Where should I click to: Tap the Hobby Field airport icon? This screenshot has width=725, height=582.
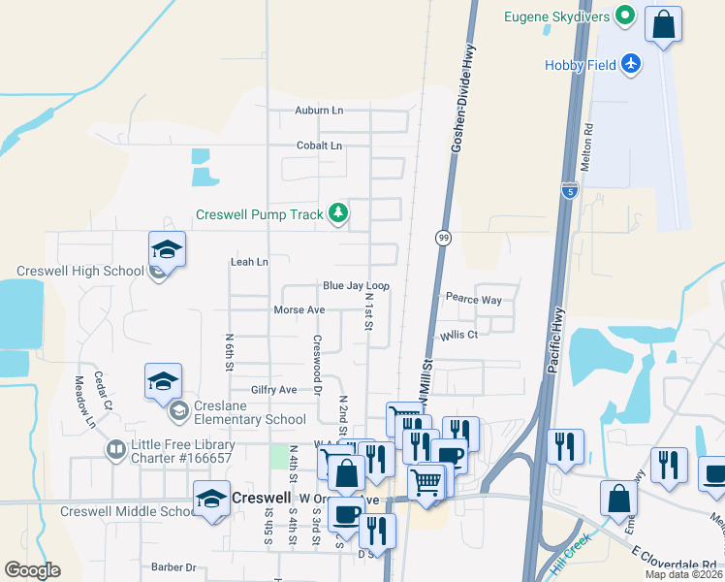(631, 63)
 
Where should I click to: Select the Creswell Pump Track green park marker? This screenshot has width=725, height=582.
(337, 212)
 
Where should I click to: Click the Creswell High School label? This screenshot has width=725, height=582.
(79, 272)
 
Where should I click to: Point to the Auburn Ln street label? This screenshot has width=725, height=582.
(319, 111)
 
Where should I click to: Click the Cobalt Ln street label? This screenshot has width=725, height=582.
(319, 145)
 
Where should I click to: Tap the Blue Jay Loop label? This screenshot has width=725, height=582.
(356, 286)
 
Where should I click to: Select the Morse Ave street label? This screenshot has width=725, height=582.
(299, 310)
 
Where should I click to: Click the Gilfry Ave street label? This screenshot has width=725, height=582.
(273, 389)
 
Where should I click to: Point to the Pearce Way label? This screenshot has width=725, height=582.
(473, 300)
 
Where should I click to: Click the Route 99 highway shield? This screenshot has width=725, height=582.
(443, 238)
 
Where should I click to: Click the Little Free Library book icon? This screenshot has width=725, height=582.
(115, 450)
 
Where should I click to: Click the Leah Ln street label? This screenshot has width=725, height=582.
(248, 262)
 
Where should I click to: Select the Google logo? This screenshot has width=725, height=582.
(32, 570)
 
